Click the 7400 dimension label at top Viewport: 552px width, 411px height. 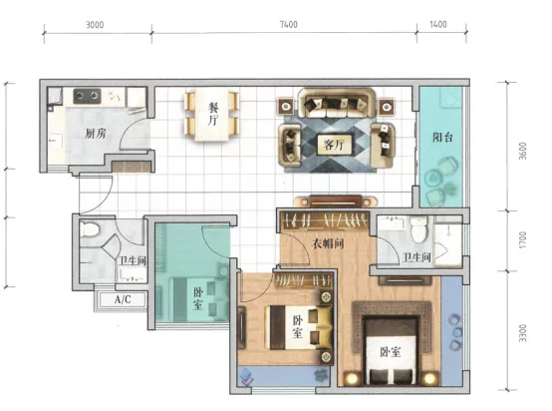coord(288,24)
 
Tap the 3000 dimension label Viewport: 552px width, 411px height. coord(95,25)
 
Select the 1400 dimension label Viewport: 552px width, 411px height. coord(438,24)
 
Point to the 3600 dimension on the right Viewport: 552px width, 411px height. coord(523,151)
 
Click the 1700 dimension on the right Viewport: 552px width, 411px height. coord(523,239)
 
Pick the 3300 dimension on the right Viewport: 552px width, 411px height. coord(523,333)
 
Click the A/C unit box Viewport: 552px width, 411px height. coord(123,299)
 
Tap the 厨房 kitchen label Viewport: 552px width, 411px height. coord(95,134)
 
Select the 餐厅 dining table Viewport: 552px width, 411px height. coord(212,115)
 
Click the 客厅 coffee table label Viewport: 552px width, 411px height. coord(334,145)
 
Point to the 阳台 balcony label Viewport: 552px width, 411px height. coord(442,137)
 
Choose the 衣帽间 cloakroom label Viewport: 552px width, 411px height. coord(328,243)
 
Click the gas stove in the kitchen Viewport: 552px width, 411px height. coord(87,96)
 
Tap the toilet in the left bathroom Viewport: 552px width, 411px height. coord(89,228)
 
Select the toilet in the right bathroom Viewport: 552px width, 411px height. coord(418,229)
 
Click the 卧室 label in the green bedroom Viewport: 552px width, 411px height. coord(198,299)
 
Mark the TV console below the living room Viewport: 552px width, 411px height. coord(335,202)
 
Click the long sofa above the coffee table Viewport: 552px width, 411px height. coord(337,103)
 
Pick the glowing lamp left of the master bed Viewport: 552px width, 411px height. coord(351,378)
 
